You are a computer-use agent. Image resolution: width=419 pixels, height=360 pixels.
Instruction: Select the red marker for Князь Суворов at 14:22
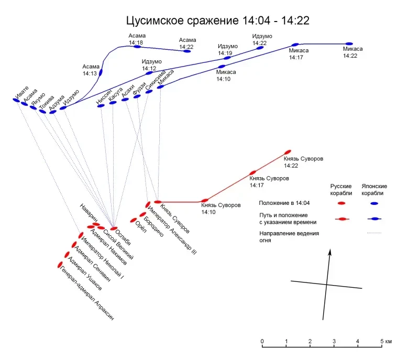point(287,152)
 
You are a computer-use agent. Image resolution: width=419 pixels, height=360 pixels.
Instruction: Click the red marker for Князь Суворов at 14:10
point(205,200)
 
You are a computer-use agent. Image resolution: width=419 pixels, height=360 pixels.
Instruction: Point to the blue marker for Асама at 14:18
point(137,47)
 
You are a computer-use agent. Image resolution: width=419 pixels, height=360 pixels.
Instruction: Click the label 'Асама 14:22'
point(187,43)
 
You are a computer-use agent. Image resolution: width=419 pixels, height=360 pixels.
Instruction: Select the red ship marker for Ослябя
point(114,229)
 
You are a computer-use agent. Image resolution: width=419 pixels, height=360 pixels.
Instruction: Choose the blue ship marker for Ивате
point(15,100)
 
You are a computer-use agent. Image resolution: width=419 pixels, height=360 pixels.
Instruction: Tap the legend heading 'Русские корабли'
point(341,189)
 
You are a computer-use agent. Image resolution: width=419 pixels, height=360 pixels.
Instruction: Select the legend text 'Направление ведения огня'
point(289,236)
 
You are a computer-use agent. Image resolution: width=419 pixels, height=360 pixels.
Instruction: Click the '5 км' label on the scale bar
point(387,342)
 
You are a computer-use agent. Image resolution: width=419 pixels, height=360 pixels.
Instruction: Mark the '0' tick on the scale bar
point(262,342)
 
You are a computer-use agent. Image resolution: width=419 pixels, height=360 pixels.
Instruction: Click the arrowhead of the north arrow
point(330,253)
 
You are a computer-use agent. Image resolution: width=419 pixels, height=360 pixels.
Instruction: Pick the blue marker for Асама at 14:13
point(101,72)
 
